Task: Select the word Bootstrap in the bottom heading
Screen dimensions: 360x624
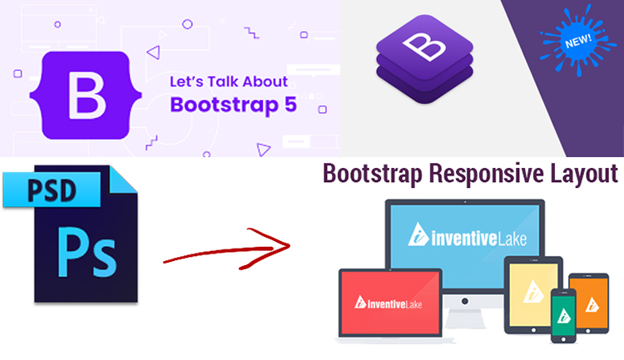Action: [x=371, y=174]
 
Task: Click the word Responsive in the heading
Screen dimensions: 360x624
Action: [x=483, y=174]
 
